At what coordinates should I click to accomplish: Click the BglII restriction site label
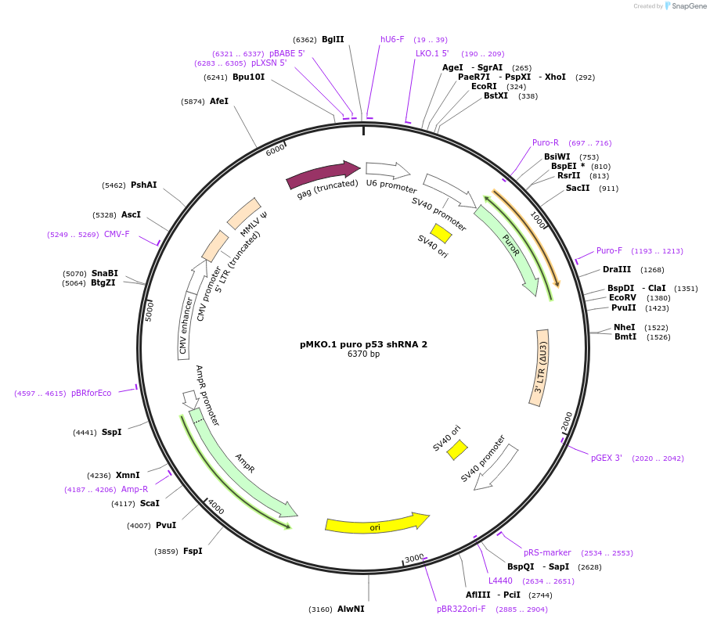pos(333,39)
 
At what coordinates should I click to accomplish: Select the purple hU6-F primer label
pos(392,39)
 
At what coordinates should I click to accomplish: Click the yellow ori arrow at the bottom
pos(377,523)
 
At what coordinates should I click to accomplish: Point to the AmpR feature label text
pos(245,462)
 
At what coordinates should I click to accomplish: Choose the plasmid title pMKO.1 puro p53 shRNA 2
pos(363,343)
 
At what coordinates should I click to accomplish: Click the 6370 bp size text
pos(363,354)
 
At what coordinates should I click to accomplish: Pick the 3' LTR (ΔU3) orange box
pos(539,367)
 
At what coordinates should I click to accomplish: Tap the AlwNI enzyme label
pos(351,609)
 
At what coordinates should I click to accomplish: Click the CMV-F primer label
pos(117,234)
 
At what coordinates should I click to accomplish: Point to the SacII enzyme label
pos(578,188)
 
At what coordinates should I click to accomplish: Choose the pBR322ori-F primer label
pos(461,609)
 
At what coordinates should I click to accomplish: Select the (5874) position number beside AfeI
pos(193,102)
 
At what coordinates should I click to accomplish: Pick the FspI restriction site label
pos(193,551)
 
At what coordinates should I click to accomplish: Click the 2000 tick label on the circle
pos(568,423)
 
